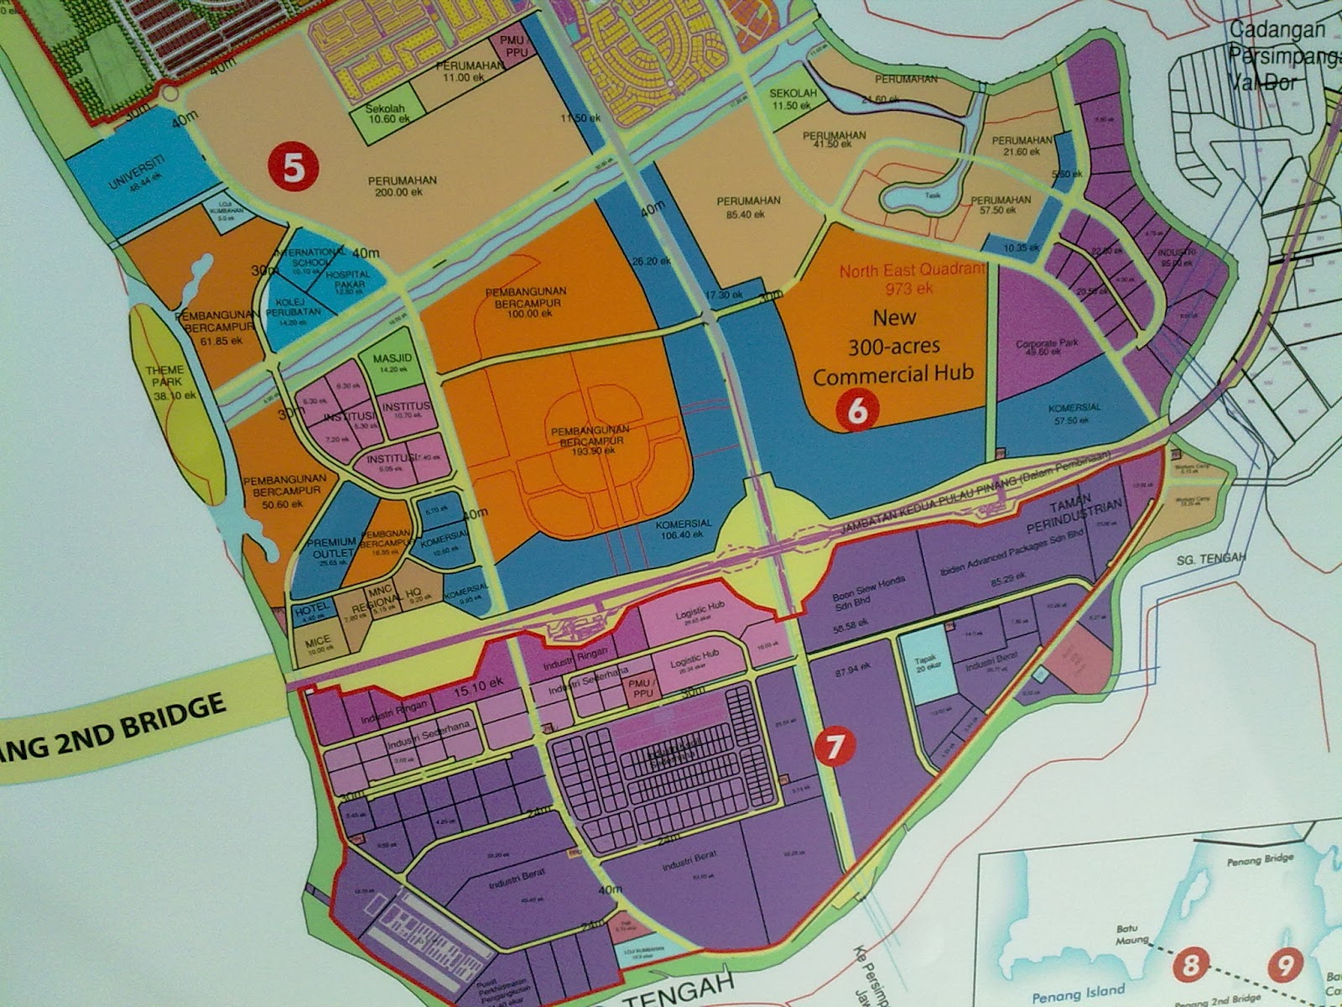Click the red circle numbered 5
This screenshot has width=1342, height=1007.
coord(294,166)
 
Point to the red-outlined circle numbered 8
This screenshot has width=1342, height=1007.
coord(1190,967)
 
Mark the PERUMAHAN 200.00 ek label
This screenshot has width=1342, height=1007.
coord(400,185)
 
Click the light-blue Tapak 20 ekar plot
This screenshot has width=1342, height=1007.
coord(925,665)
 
